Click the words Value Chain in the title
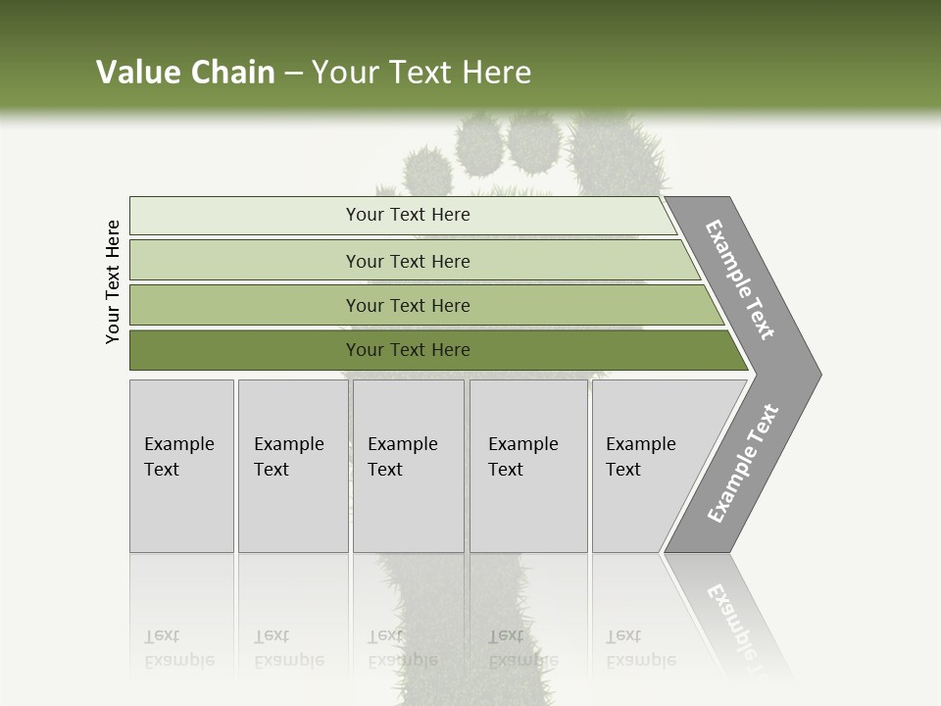(185, 73)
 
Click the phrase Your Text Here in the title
(421, 73)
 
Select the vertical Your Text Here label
(113, 281)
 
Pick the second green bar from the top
(408, 261)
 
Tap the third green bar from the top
(408, 305)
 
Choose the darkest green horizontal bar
(408, 350)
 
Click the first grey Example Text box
(181, 466)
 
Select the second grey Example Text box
(292, 466)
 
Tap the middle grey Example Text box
(408, 466)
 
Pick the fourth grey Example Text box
(527, 466)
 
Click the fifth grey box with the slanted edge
(647, 466)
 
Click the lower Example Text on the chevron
(743, 463)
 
